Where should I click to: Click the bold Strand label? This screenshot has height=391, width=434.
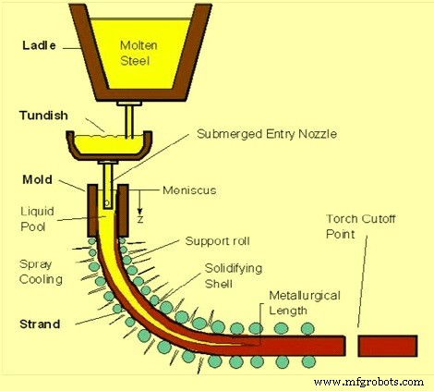click(41, 324)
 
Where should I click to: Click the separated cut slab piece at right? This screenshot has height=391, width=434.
click(392, 345)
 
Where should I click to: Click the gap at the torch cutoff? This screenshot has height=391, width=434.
click(351, 345)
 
